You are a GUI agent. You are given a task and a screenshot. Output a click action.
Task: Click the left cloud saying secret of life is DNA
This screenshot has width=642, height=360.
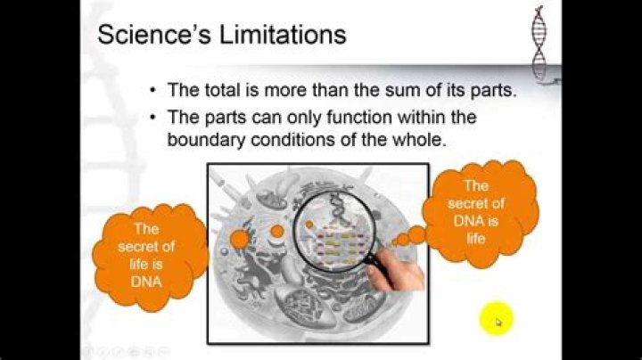point(147,254)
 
